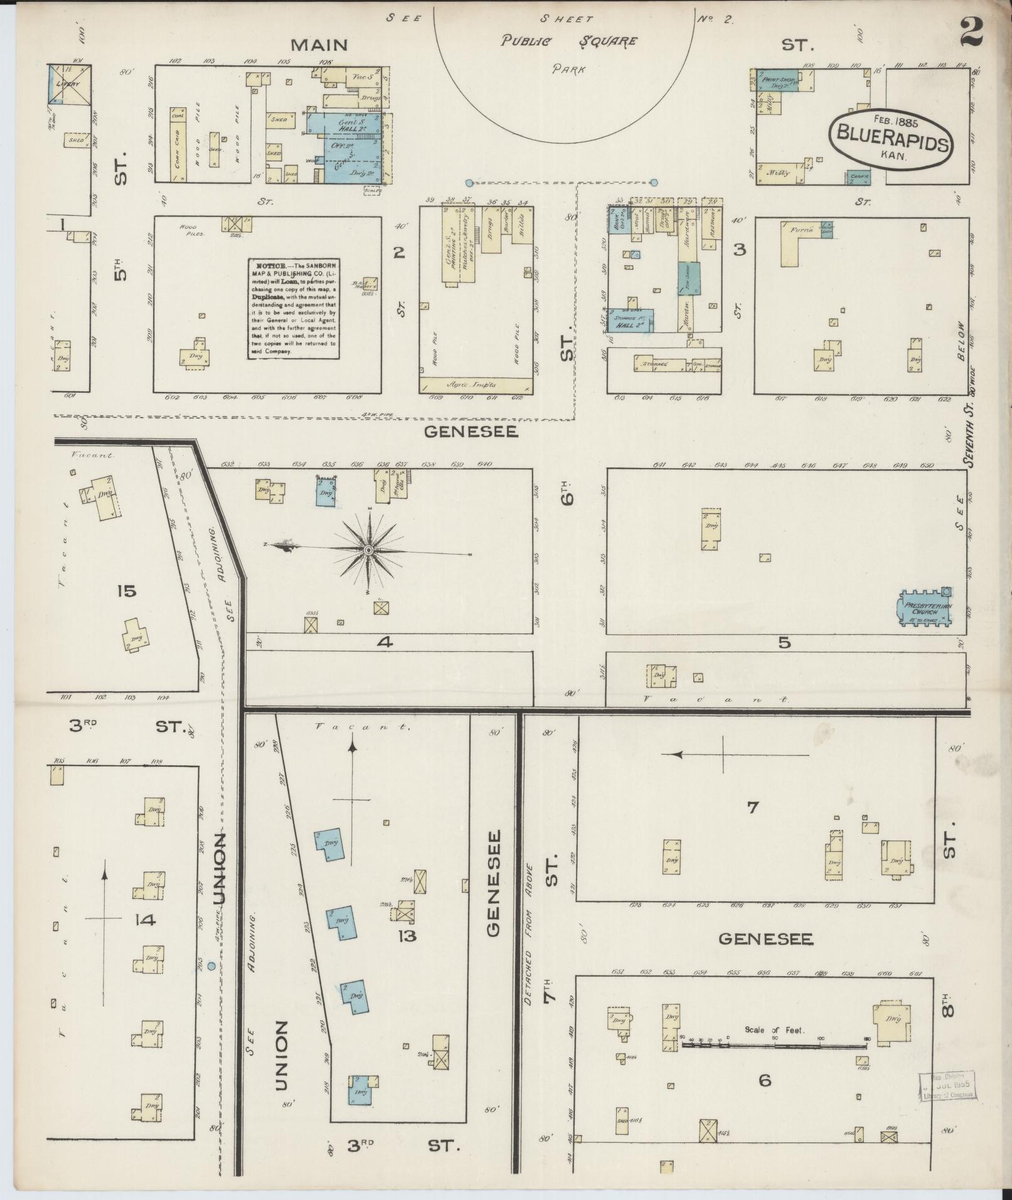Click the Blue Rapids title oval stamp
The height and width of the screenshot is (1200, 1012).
890,139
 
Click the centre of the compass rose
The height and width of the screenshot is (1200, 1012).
369,550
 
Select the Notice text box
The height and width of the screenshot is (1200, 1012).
294,308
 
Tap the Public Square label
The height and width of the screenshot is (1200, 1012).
568,41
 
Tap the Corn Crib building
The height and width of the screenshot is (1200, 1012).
176,145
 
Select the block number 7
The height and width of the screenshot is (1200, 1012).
753,807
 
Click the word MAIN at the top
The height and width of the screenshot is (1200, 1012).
319,45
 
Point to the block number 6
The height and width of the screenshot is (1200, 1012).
764,1080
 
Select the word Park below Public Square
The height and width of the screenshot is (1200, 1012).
568,70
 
